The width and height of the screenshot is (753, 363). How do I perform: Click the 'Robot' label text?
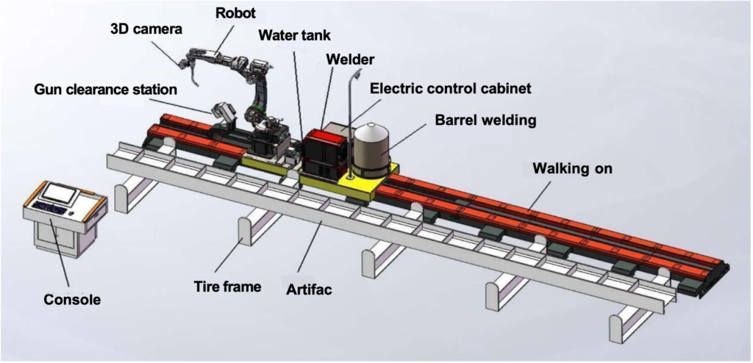pyautogui.click(x=235, y=12)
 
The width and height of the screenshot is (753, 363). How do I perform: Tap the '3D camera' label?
pyautogui.click(x=146, y=29)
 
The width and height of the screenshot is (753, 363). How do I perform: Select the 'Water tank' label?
pyautogui.click(x=294, y=35)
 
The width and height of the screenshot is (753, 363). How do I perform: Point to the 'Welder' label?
pyautogui.click(x=350, y=59)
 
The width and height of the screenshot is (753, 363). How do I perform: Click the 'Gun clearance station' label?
pyautogui.click(x=105, y=90)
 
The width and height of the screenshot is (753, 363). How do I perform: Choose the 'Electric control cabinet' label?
pyautogui.click(x=450, y=88)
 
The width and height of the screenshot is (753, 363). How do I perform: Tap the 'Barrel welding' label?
pyautogui.click(x=485, y=119)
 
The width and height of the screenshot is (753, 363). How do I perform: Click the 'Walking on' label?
pyautogui.click(x=572, y=168)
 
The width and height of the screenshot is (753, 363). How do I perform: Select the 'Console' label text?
pyautogui.click(x=72, y=299)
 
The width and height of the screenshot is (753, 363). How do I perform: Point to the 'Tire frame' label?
pyautogui.click(x=227, y=286)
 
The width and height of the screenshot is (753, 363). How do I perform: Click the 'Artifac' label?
pyautogui.click(x=309, y=290)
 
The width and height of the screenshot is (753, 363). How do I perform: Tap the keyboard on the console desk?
pyautogui.click(x=49, y=209)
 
